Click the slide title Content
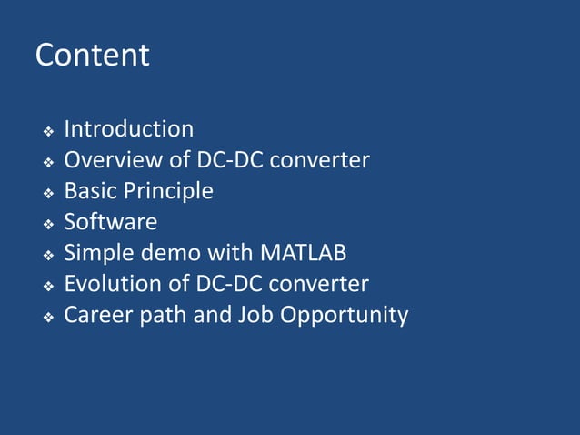click(92, 56)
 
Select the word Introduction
click(128, 129)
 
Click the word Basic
click(89, 191)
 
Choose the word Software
click(110, 222)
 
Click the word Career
click(96, 315)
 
